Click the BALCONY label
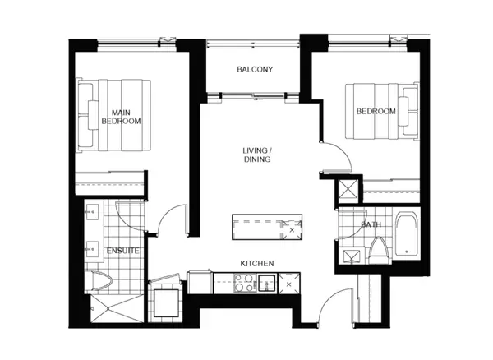click(254, 70)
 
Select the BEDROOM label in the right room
click(376, 111)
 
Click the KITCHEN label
click(256, 264)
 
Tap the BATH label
click(371, 224)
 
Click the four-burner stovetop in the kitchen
click(245, 284)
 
